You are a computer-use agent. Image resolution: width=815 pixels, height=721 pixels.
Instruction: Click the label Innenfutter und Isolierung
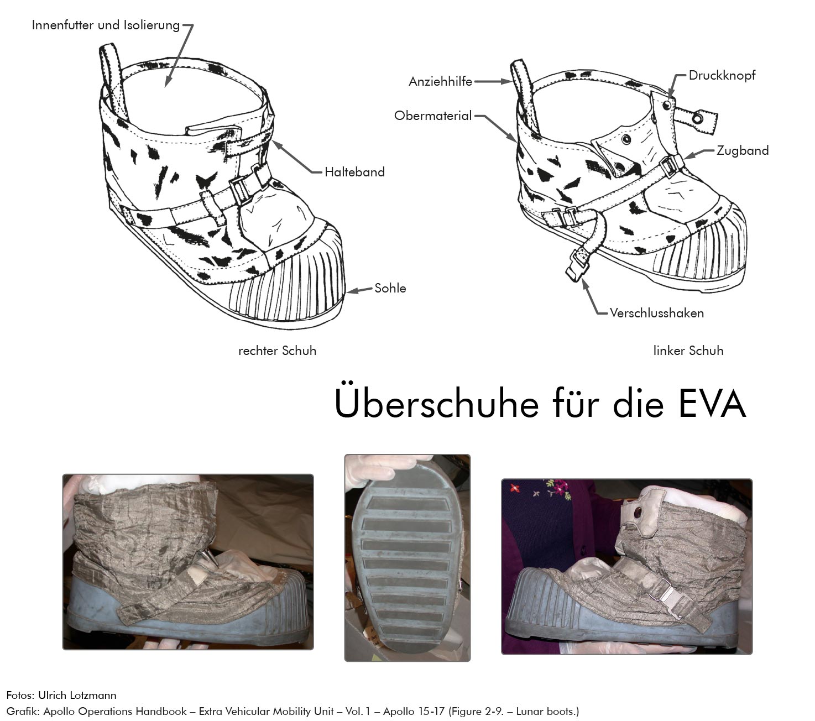[106, 25]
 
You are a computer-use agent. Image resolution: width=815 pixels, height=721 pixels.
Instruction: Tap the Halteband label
[354, 172]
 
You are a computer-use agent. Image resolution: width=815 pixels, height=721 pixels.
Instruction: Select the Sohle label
[390, 288]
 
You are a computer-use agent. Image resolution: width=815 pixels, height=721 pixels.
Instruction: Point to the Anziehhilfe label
[440, 82]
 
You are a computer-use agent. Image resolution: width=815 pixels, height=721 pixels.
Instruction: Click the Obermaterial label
[432, 116]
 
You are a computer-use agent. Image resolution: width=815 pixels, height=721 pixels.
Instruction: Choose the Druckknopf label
[722, 75]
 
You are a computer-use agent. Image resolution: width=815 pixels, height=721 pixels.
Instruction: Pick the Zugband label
[742, 151]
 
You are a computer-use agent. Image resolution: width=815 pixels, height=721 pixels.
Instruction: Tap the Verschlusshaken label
[656, 313]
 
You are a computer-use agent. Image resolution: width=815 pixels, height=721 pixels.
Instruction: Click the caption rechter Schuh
[277, 351]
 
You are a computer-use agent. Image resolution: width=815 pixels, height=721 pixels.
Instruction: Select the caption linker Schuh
[688, 351]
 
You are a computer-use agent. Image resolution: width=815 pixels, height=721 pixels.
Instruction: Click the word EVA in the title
[712, 404]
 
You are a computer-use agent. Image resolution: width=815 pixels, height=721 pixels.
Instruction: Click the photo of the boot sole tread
[407, 558]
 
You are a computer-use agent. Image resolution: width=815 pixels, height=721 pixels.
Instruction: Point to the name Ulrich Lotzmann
[77, 695]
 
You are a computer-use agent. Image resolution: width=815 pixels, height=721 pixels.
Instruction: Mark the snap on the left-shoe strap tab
[698, 118]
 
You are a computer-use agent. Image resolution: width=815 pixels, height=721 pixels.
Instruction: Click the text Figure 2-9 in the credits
[476, 712]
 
